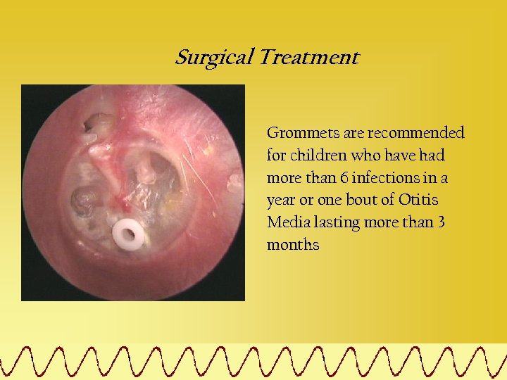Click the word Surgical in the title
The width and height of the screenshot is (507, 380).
[x=214, y=58]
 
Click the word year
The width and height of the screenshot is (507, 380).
[x=280, y=201]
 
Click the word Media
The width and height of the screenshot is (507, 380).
[x=284, y=223]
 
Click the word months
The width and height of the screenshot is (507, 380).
[x=293, y=246]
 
